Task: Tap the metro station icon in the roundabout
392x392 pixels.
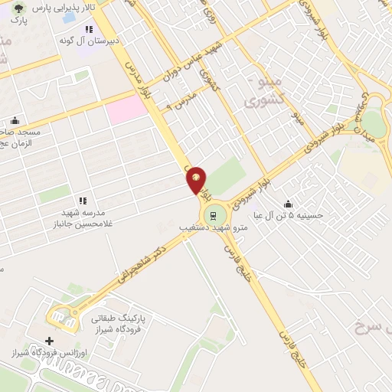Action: point(214,214)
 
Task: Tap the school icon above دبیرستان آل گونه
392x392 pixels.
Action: point(89,29)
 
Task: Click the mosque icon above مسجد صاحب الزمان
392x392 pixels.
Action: point(15,121)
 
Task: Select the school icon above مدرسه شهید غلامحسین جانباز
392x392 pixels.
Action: point(82,201)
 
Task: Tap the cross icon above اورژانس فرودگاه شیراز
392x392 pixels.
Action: point(50,341)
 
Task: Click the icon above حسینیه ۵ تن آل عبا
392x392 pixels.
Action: point(288,204)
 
